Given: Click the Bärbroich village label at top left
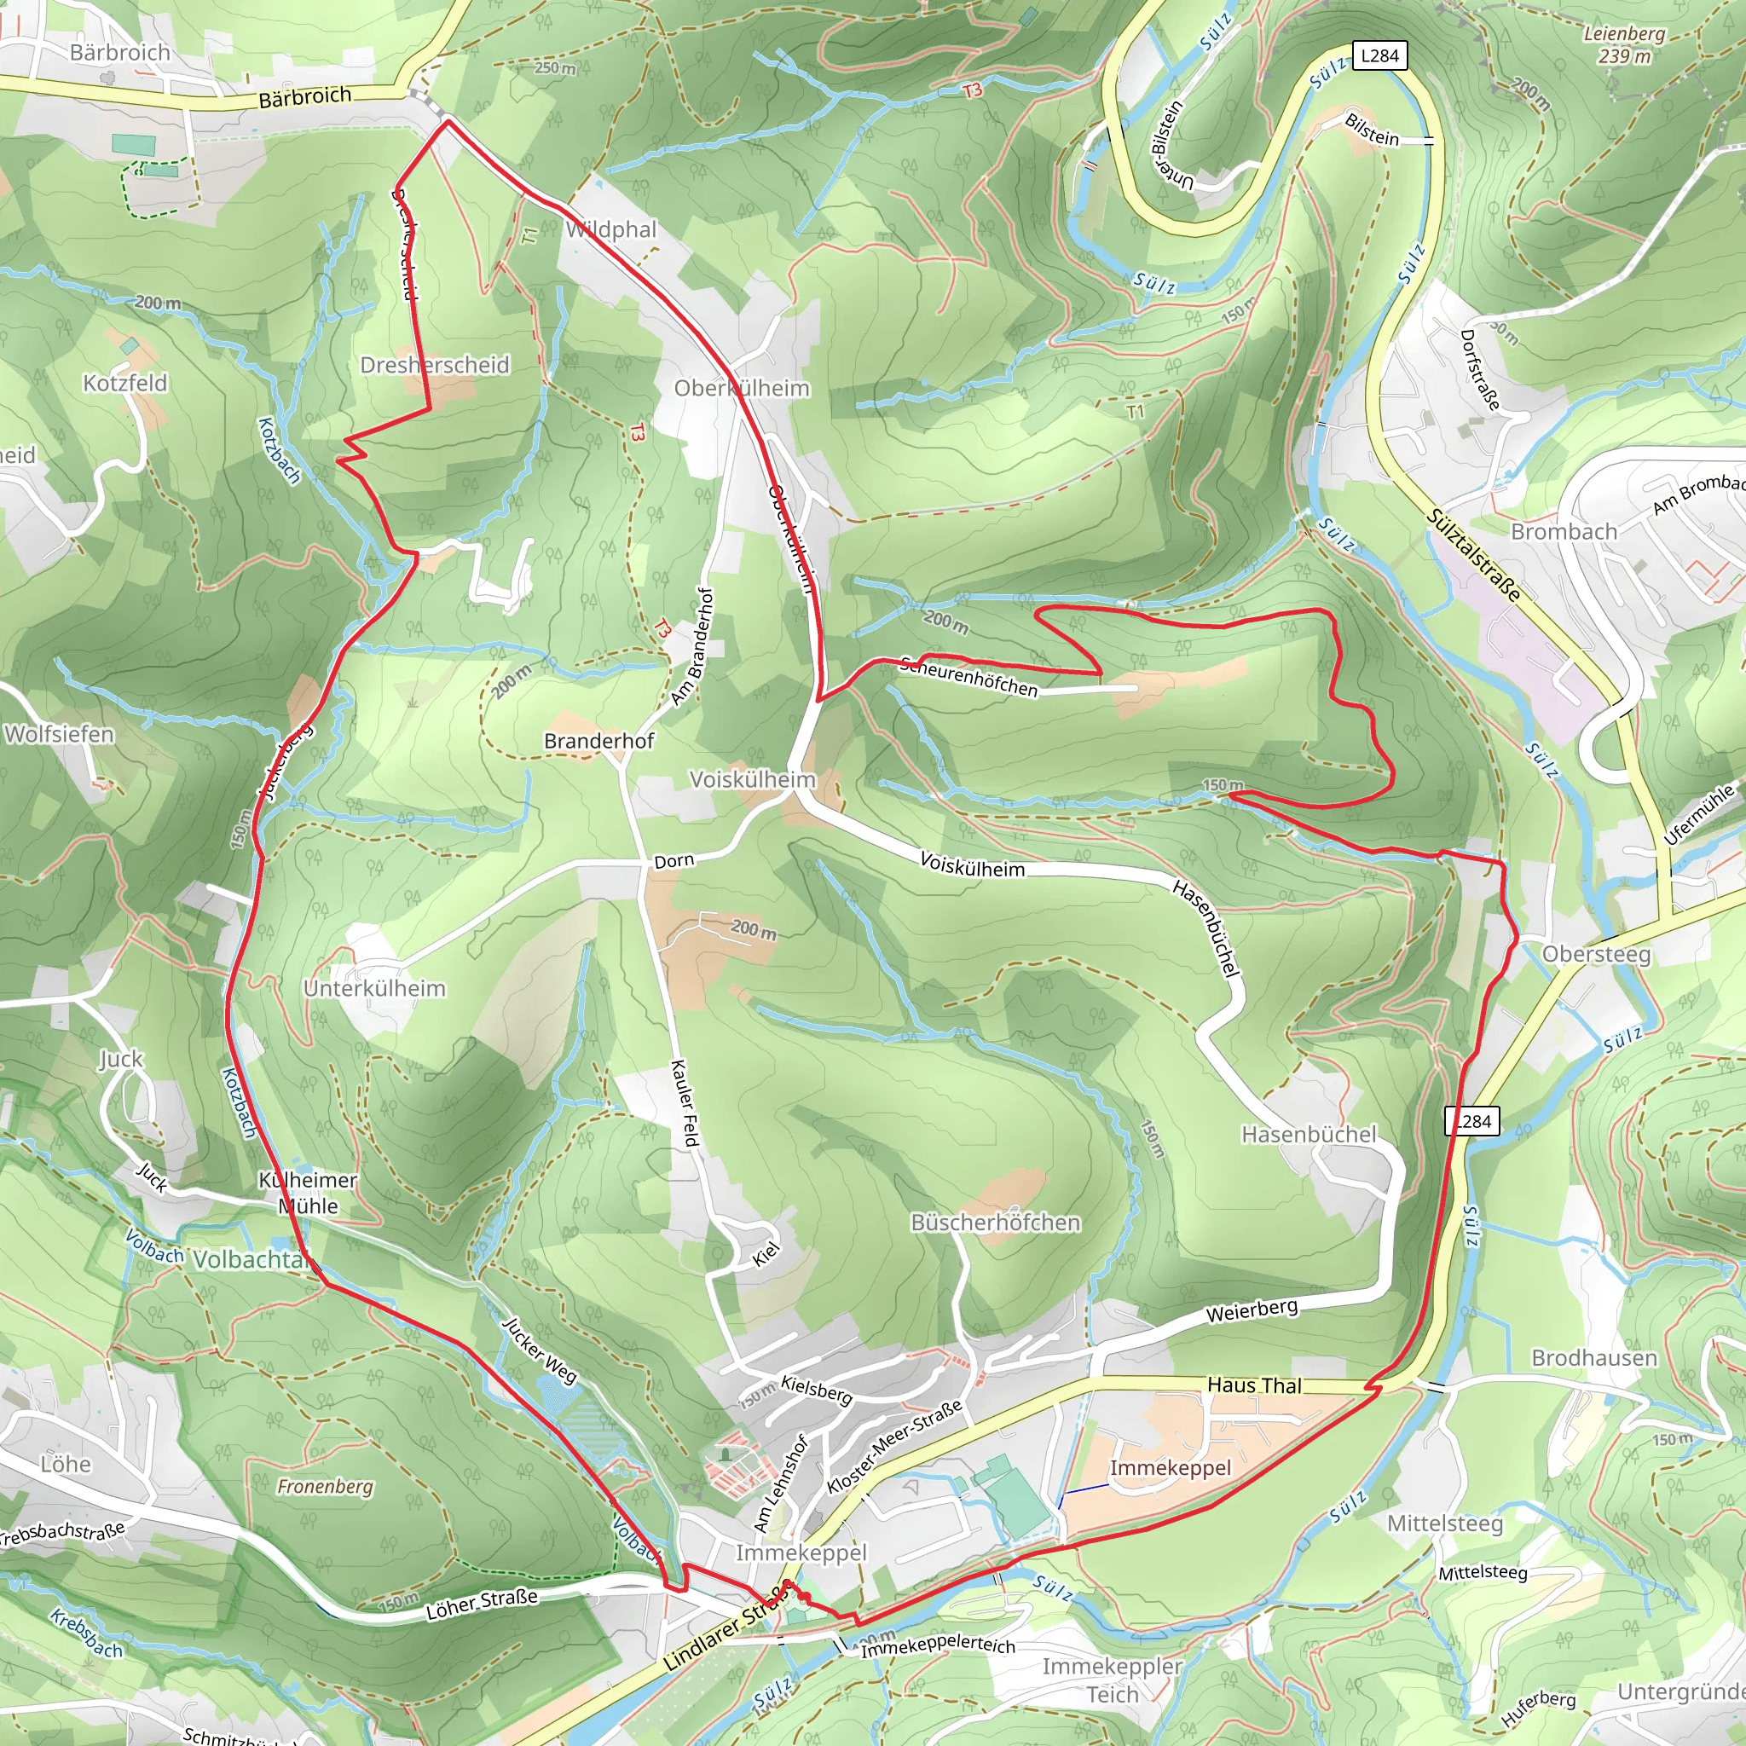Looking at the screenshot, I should pos(119,52).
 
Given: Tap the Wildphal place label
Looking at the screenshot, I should pos(611,229).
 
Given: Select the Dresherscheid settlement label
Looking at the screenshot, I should pos(435,365).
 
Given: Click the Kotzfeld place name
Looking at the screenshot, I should pos(124,383).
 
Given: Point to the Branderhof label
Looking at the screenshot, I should pos(598,741).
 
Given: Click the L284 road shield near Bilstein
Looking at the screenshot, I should pos(1379,56).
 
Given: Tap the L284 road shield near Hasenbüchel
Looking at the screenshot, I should pos(1472,1122).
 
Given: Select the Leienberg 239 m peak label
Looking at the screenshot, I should pos(1624,45).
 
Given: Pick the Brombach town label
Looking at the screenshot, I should pos(1564,531).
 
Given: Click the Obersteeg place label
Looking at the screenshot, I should pos(1596,954).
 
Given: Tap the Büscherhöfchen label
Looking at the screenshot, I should pos(995,1223).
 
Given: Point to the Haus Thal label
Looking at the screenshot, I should pos(1254,1385).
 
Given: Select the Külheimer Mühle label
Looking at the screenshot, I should pos(308,1193).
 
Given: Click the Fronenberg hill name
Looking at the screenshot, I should pos(325,1487).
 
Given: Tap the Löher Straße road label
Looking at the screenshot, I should pos(482,1604).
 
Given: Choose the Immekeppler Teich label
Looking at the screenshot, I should pos(1112,1680).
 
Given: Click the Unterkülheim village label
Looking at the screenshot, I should pos(374,989).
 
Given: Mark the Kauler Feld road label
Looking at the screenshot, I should pos(685,1103).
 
